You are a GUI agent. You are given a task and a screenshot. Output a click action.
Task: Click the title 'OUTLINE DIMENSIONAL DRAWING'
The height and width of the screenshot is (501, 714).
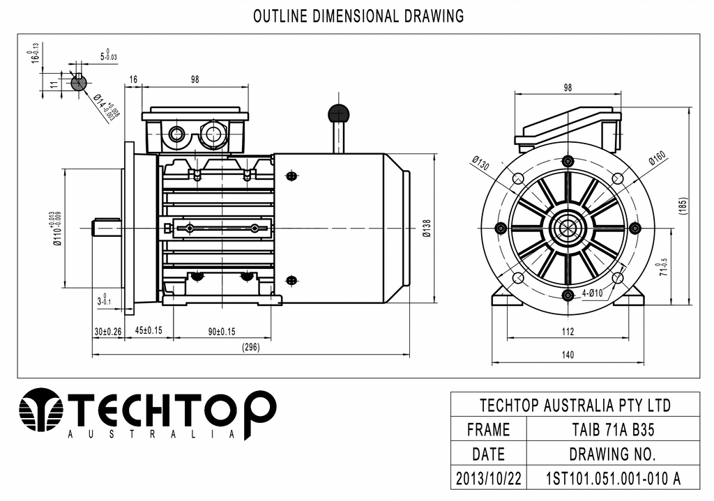pos(358,17)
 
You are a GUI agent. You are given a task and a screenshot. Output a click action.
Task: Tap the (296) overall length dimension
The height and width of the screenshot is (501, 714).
pos(250,348)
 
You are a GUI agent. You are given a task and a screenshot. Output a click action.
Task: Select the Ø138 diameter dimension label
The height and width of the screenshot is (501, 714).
pos(426,229)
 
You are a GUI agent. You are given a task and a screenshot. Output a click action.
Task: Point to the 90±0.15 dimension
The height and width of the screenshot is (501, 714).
pos(222,332)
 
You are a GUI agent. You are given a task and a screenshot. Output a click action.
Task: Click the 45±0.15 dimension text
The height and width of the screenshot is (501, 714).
pos(149,330)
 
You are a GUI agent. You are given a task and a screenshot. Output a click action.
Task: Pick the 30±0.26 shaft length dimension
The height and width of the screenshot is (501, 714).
pos(108,332)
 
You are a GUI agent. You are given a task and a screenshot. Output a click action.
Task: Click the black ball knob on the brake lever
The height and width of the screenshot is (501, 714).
pos(338,113)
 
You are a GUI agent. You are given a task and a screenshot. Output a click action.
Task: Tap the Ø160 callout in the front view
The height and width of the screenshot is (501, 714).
pos(658,157)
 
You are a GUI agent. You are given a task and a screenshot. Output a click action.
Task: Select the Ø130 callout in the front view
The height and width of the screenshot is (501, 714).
pos(481,163)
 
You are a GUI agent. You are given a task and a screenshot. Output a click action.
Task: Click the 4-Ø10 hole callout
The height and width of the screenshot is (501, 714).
pos(592,293)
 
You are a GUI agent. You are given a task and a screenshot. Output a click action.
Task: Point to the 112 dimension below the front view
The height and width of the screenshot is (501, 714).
pos(568,331)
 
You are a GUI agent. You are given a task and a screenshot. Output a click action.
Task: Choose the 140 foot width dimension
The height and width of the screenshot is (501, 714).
pos(568,355)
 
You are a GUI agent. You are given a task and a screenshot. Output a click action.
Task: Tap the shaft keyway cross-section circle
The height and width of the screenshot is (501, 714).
pos(79,83)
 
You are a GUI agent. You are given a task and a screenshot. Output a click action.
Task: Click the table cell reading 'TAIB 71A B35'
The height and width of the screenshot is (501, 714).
pos(613,429)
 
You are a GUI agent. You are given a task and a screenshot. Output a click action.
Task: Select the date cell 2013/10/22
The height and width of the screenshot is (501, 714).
pos(488,478)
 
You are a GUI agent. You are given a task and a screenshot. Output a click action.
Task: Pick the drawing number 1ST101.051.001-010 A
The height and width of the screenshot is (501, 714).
pos(613,478)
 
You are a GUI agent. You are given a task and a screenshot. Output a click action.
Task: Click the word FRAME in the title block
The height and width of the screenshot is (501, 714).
pos(488,429)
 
